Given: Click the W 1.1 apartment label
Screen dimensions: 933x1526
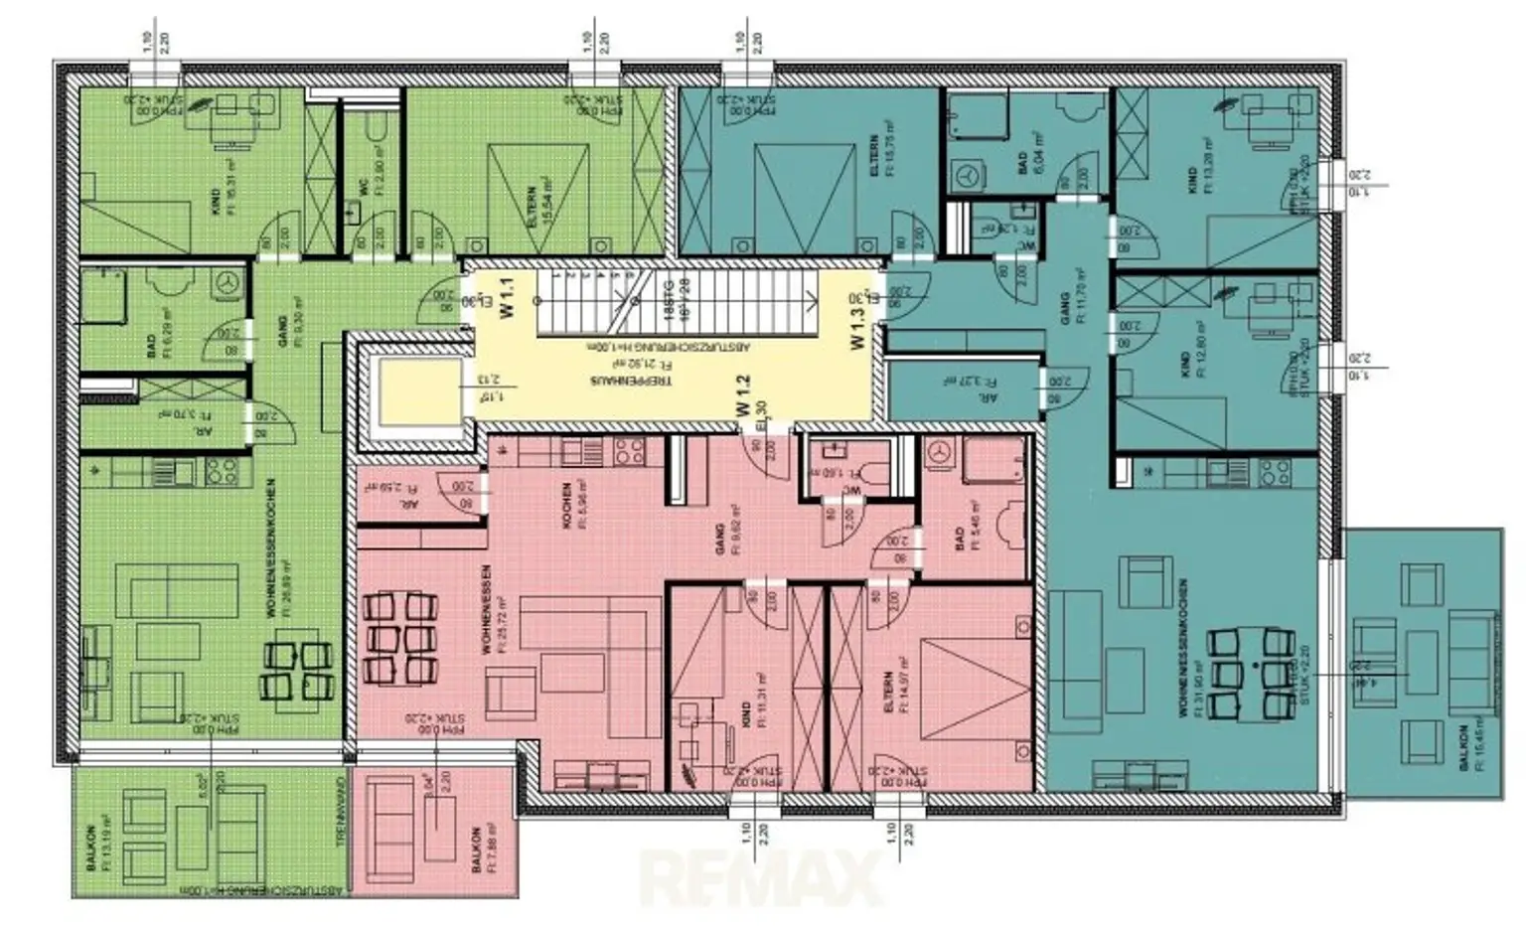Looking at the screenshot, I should tap(507, 297).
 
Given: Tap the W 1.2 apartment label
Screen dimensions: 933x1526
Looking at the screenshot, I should tap(742, 395).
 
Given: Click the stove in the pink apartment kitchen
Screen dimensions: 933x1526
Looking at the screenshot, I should tap(630, 453).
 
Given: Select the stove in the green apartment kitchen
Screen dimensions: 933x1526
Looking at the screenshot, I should tap(221, 472).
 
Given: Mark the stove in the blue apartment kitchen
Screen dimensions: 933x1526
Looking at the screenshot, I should tap(1275, 472).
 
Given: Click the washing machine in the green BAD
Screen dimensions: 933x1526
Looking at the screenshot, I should tap(228, 282).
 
